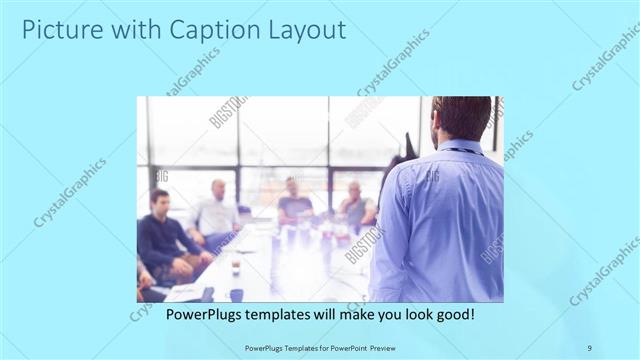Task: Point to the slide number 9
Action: (590, 347)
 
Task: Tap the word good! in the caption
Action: (455, 313)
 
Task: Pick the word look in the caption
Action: (415, 313)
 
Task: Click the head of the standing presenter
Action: (463, 118)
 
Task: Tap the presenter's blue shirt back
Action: (440, 220)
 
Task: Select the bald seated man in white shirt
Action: (217, 210)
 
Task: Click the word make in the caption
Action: (346, 313)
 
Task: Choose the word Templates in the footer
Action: (291, 347)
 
